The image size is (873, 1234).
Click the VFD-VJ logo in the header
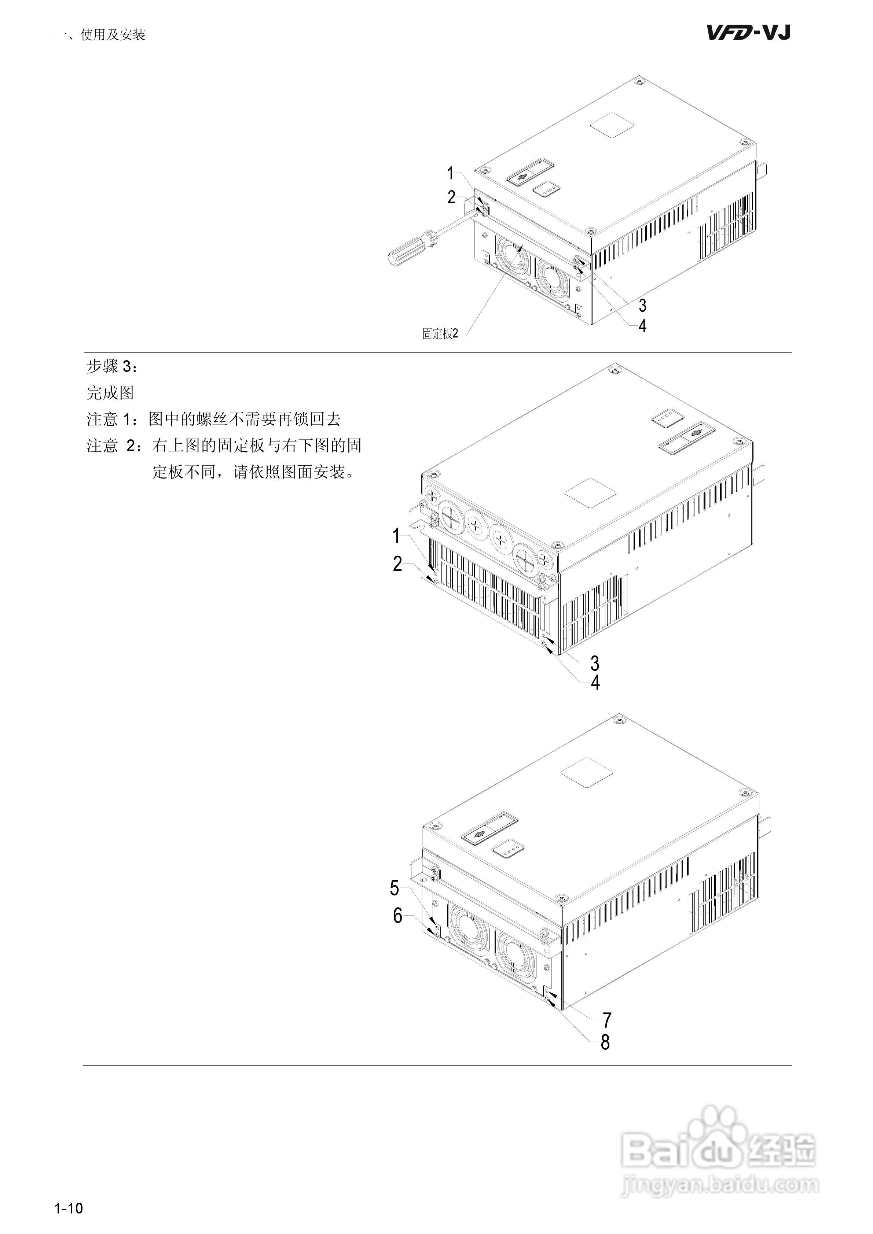748,33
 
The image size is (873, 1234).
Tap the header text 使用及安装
113,35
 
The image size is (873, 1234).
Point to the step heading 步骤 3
112,366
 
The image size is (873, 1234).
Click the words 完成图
110,393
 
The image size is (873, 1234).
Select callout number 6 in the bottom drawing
397,915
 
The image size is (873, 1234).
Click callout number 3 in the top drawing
642,305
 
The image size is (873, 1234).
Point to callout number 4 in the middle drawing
595,683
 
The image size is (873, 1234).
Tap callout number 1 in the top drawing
451,173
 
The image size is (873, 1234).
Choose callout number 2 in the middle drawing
397,563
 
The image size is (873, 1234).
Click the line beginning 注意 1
213,419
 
